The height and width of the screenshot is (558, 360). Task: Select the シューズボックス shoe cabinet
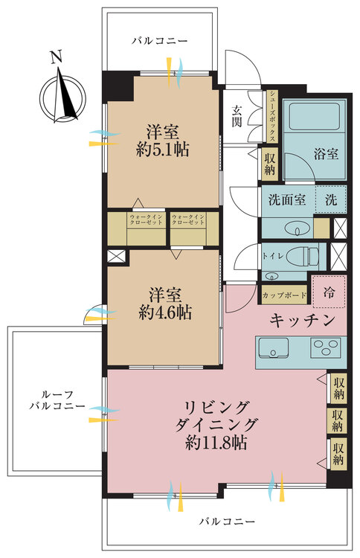pyautogui.click(x=272, y=116)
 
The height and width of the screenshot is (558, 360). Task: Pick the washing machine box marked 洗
pyautogui.click(x=330, y=199)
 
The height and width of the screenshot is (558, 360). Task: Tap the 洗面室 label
pyautogui.click(x=287, y=199)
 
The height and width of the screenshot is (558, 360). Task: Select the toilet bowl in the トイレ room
pyautogui.click(x=305, y=254)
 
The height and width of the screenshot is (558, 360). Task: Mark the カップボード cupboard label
pyautogui.click(x=284, y=295)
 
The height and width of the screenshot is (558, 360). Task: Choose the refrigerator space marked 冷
pyautogui.click(x=328, y=292)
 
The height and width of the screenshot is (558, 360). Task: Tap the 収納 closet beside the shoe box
pyautogui.click(x=270, y=163)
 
